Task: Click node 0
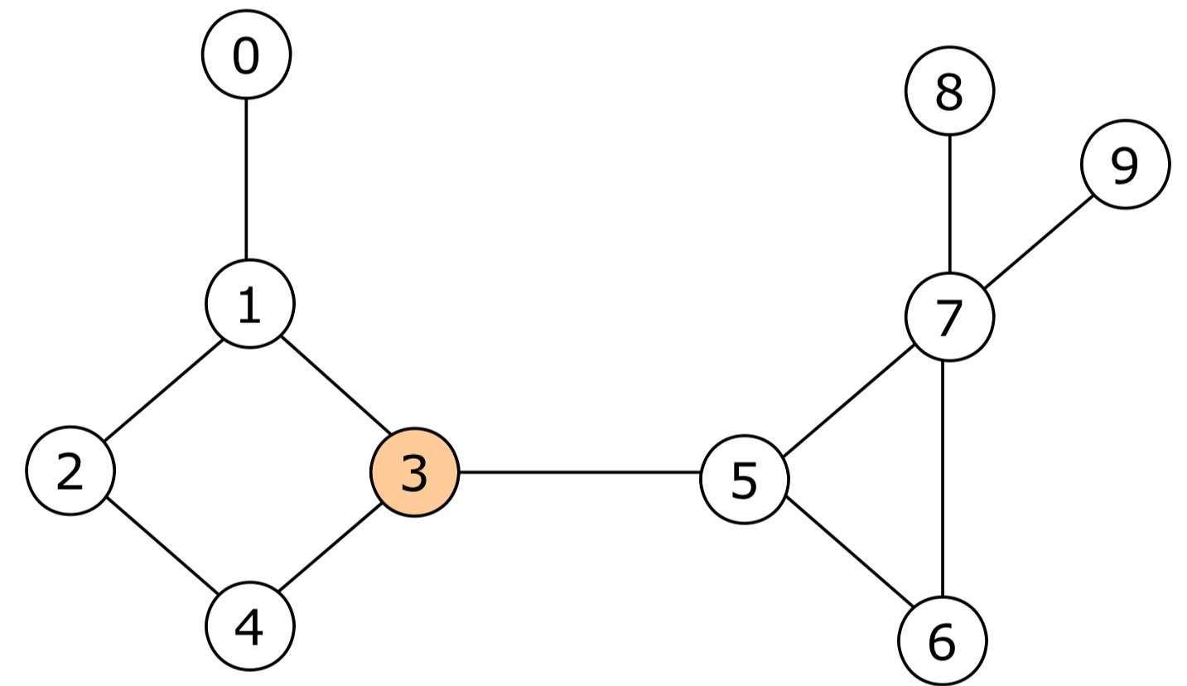point(246,55)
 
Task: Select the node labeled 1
point(249,304)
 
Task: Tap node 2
point(70,471)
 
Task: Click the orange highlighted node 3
point(414,473)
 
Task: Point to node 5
point(744,480)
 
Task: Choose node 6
point(943,640)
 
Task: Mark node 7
point(949,317)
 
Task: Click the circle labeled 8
point(949,92)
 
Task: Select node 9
point(1124,165)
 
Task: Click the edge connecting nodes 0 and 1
point(246,179)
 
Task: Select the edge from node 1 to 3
point(335,385)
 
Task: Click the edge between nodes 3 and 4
point(330,548)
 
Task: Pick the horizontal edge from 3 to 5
point(579,472)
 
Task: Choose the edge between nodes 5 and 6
point(849,551)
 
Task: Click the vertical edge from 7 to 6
point(943,479)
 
